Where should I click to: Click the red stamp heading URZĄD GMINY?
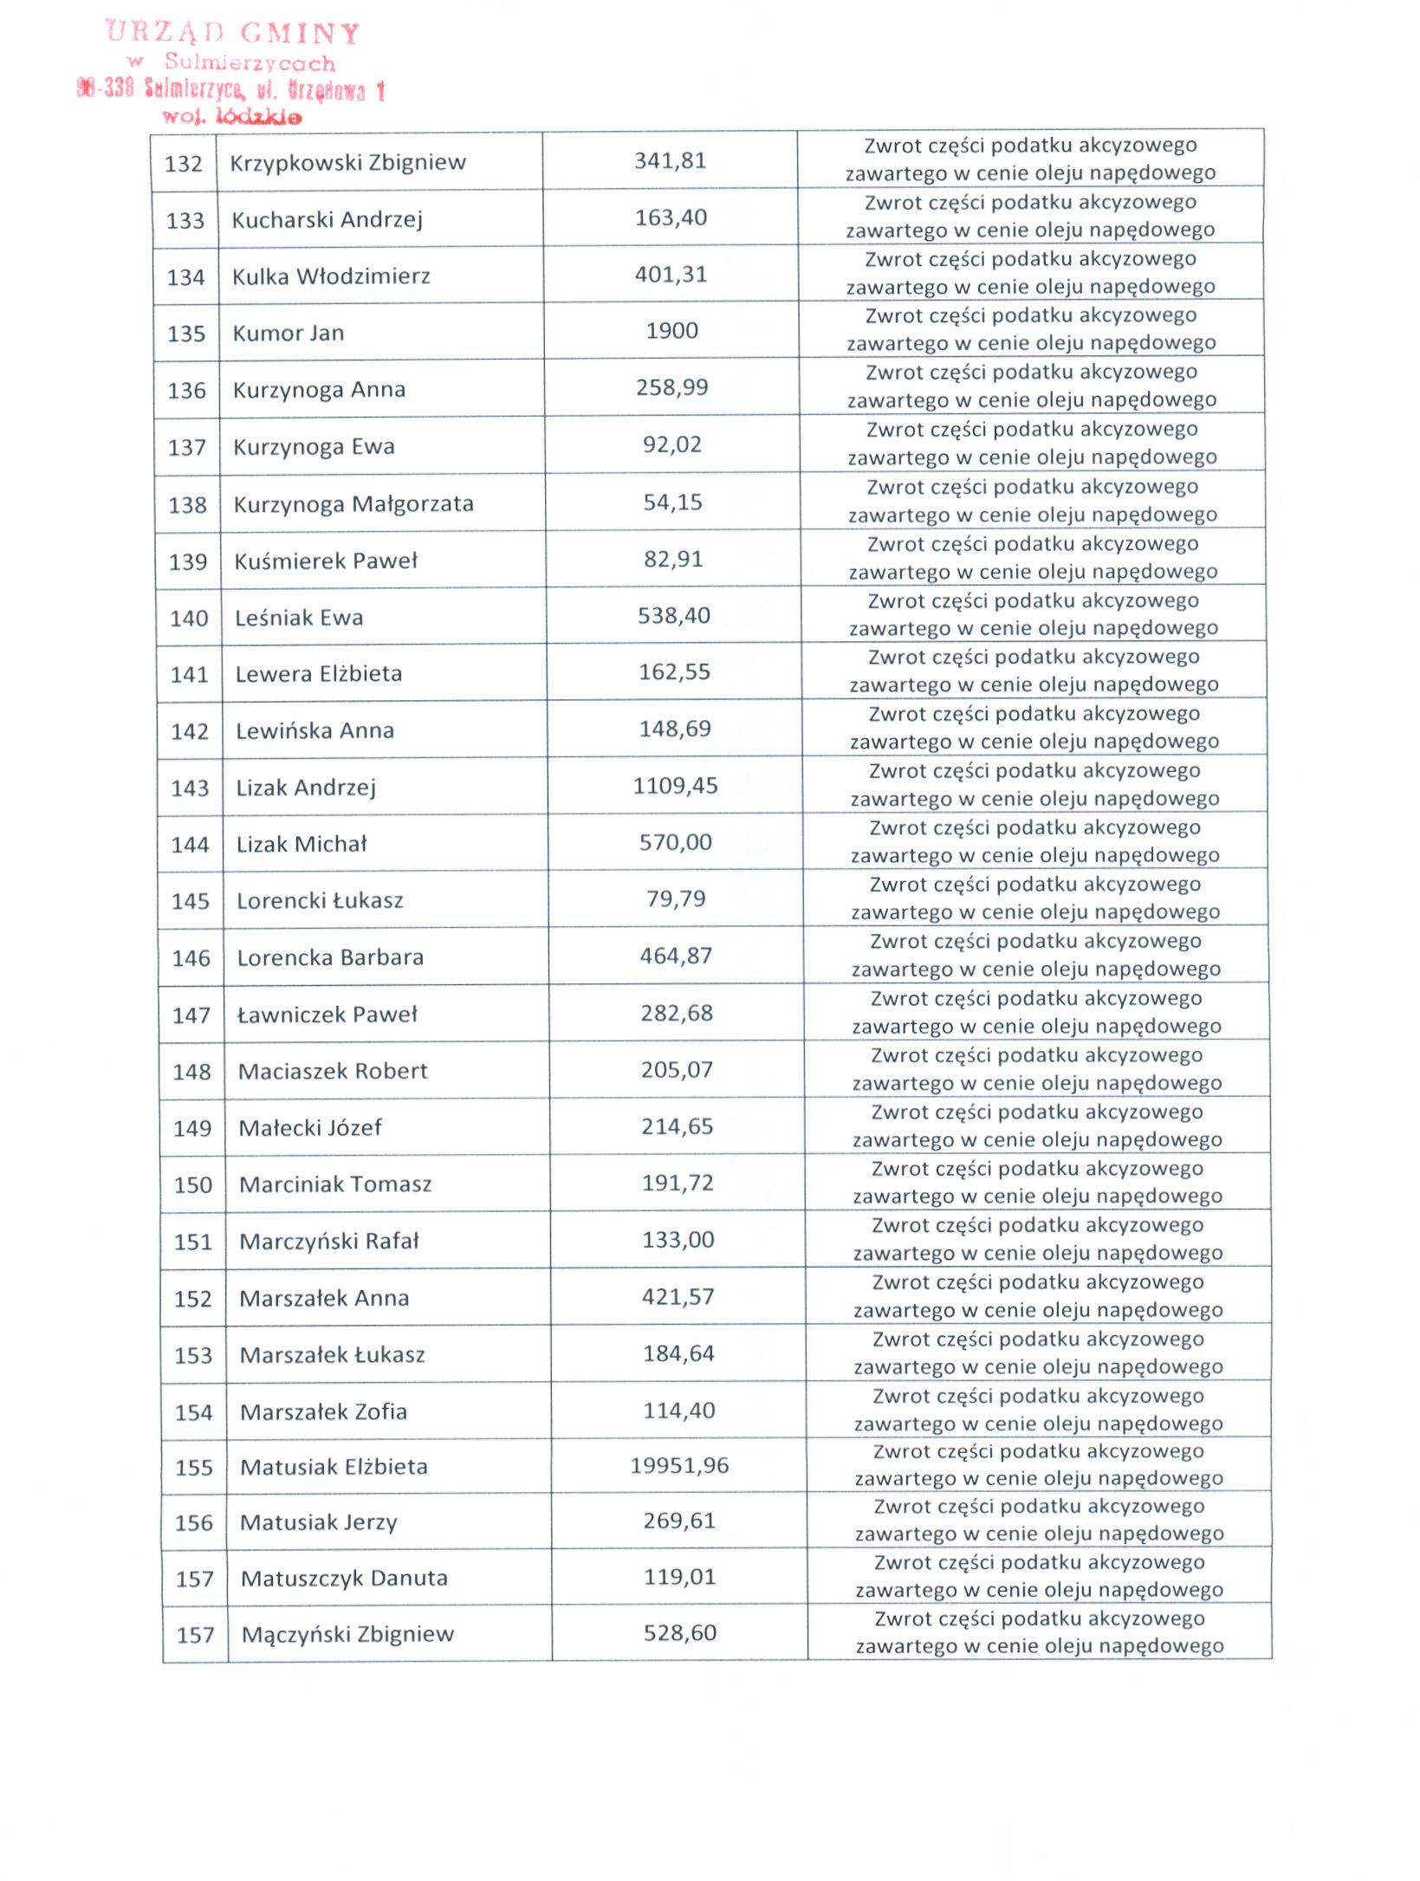tap(232, 33)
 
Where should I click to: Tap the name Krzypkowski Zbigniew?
tap(347, 162)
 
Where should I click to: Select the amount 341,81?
tap(670, 160)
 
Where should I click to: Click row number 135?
tap(186, 334)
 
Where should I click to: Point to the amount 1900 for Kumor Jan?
tap(671, 330)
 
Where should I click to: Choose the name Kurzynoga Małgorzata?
tap(353, 503)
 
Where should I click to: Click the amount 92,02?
tap(672, 444)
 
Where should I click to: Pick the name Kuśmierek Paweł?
tap(326, 561)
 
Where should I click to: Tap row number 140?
tap(189, 619)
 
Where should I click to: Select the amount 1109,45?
tap(675, 786)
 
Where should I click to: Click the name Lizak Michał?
tap(302, 844)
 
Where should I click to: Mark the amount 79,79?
tap(676, 898)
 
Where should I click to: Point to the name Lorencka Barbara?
tap(330, 957)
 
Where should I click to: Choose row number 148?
tap(191, 1072)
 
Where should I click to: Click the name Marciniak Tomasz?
tap(335, 1184)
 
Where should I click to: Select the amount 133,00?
tap(678, 1240)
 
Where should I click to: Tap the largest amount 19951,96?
tap(679, 1465)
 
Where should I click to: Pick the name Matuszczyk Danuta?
tap(344, 1578)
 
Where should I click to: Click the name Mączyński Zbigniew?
tap(347, 1634)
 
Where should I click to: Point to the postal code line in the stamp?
tap(230, 89)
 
